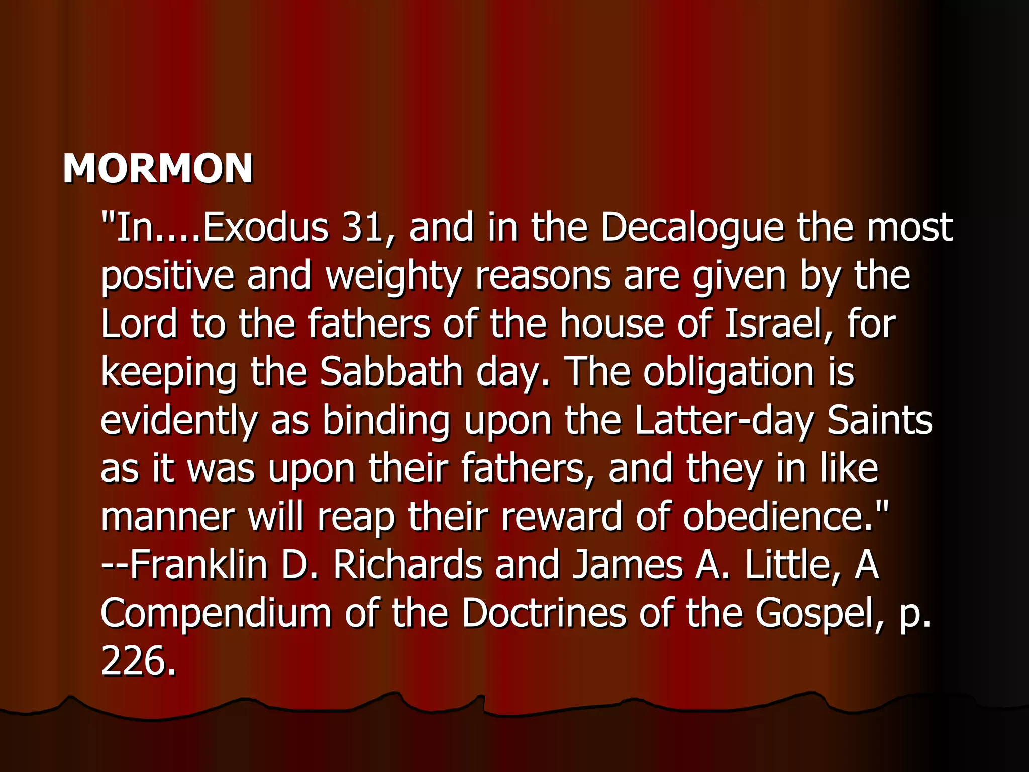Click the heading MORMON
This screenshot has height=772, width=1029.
click(x=158, y=168)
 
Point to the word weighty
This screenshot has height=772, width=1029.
click(x=393, y=277)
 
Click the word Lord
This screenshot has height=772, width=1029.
click(x=139, y=324)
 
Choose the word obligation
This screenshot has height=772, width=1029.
click(x=729, y=373)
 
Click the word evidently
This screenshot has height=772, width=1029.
click(x=178, y=421)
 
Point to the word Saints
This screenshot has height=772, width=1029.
click(x=880, y=420)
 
